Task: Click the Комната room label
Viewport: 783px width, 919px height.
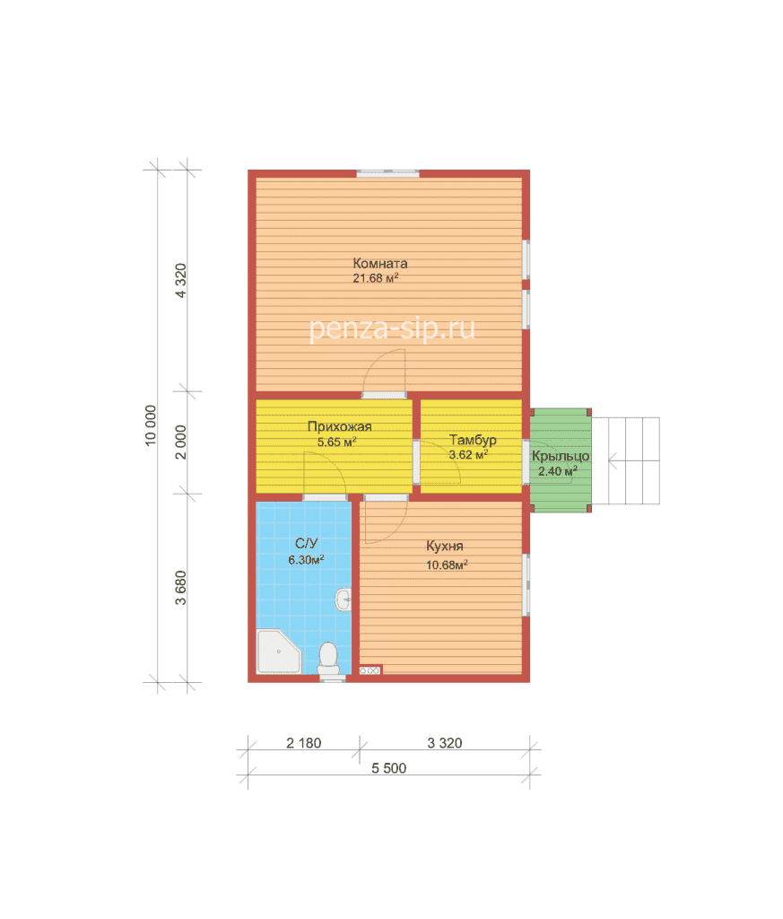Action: coord(380,264)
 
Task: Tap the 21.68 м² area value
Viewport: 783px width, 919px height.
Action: coord(376,278)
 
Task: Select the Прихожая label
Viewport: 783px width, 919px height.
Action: coord(340,426)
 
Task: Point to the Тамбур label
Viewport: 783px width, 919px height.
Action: coord(473,440)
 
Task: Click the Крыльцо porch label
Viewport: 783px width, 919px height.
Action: coord(561,456)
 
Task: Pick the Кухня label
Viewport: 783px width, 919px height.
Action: coord(445,547)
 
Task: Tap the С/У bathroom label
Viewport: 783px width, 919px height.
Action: coord(306,543)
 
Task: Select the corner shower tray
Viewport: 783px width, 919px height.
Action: coord(278,652)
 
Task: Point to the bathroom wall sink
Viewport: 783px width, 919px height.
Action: coord(344,600)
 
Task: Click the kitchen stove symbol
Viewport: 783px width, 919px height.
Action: coord(370,670)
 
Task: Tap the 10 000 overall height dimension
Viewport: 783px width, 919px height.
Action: coord(151,425)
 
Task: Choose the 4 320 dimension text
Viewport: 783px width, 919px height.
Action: coord(181,281)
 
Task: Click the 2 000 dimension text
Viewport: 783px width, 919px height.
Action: coord(181,442)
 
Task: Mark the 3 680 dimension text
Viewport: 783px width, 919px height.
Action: coord(181,588)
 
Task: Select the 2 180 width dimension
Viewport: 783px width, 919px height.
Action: coord(303,743)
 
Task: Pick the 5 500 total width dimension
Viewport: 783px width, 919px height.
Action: coord(389,768)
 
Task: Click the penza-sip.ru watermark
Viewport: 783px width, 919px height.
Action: coord(392,328)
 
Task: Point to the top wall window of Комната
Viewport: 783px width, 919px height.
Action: coord(387,173)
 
